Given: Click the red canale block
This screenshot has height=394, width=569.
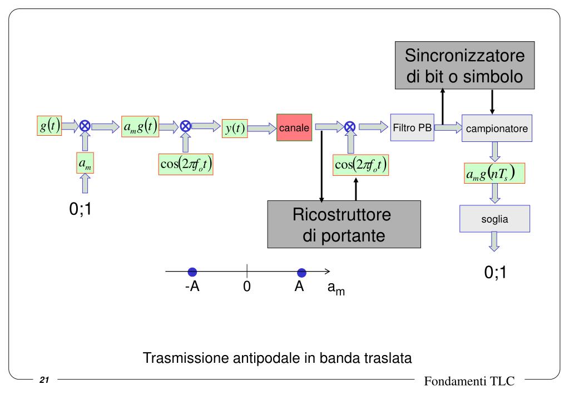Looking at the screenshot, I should coord(294,128).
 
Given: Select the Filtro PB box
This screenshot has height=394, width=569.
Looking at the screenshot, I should coord(412,127).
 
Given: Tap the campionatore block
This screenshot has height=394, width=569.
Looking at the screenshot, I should coord(497,128).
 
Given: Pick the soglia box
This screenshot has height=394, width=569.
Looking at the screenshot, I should coord(494,219).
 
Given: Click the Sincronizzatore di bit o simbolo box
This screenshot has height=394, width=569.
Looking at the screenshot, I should coord(464,65).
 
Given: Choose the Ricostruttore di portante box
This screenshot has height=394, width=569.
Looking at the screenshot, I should coord(343,224).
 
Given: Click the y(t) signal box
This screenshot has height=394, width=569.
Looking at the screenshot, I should coord(234,128).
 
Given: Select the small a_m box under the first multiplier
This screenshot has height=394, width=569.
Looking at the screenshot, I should coord(85,163).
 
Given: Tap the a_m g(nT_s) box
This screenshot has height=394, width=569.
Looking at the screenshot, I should coord(494,173).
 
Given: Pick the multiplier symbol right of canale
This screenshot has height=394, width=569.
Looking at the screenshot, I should coord(350,127).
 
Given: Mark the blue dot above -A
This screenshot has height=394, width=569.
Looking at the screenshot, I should coord(192,272).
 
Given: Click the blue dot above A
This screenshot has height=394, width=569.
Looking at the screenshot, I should coord(302,272).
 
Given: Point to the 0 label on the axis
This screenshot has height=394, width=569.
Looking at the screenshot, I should coord(247,288).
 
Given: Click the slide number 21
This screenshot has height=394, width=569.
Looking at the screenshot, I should coord(44,380).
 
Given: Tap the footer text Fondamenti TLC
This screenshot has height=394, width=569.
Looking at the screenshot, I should coord(469,381).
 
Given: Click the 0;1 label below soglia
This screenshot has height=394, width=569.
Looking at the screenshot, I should coord(495,273).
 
